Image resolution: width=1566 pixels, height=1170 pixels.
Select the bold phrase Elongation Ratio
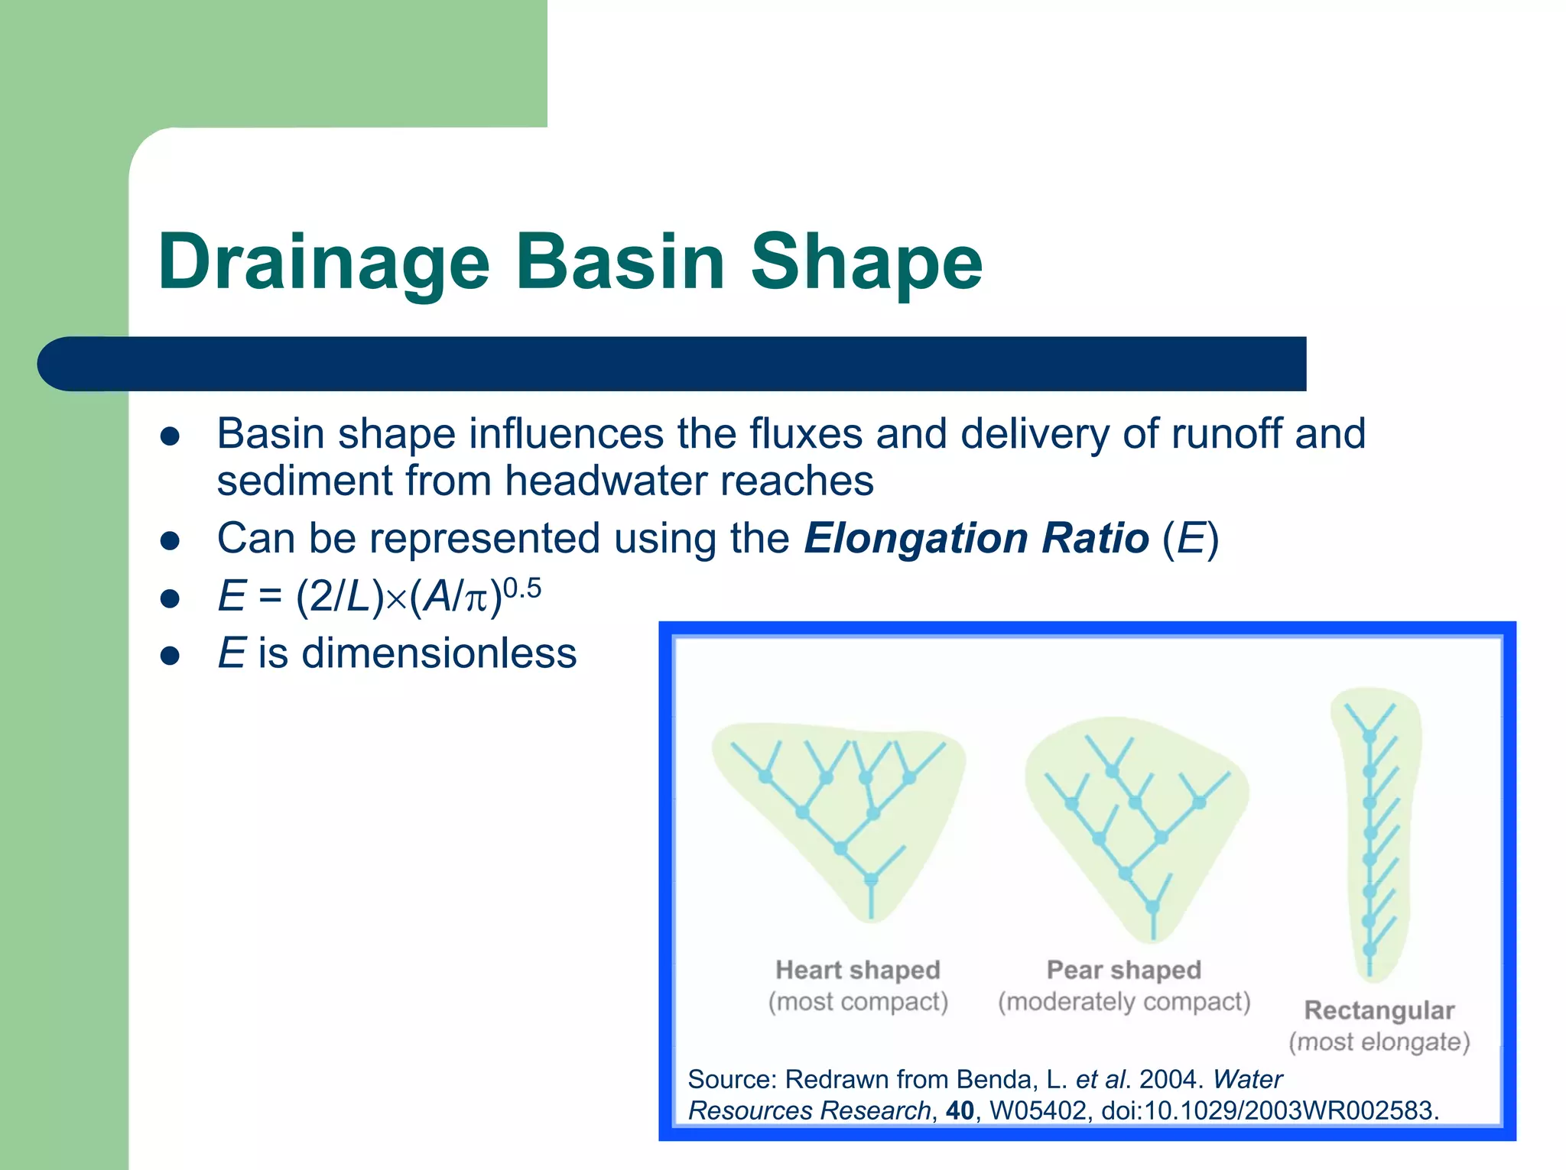(x=976, y=538)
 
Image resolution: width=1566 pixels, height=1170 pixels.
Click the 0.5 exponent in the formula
(x=522, y=588)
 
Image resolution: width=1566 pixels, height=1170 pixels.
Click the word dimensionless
(x=439, y=654)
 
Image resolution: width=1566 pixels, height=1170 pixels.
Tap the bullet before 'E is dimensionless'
(x=170, y=656)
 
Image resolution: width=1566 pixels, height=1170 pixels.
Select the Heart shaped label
(x=857, y=970)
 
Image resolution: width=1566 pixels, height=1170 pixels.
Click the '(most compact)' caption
(x=858, y=1002)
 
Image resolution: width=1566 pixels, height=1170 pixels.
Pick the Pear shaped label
(x=1123, y=970)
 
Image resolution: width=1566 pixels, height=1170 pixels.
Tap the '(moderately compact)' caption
(x=1123, y=1002)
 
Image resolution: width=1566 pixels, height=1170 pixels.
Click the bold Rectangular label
(x=1379, y=1010)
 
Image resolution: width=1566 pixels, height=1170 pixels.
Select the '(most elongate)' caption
(x=1379, y=1042)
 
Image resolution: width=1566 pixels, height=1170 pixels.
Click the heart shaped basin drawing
(x=838, y=810)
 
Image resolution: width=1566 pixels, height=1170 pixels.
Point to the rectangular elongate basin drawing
(x=1374, y=833)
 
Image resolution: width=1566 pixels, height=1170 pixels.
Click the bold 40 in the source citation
(x=960, y=1110)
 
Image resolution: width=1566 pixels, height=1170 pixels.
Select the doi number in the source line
(x=1269, y=1110)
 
